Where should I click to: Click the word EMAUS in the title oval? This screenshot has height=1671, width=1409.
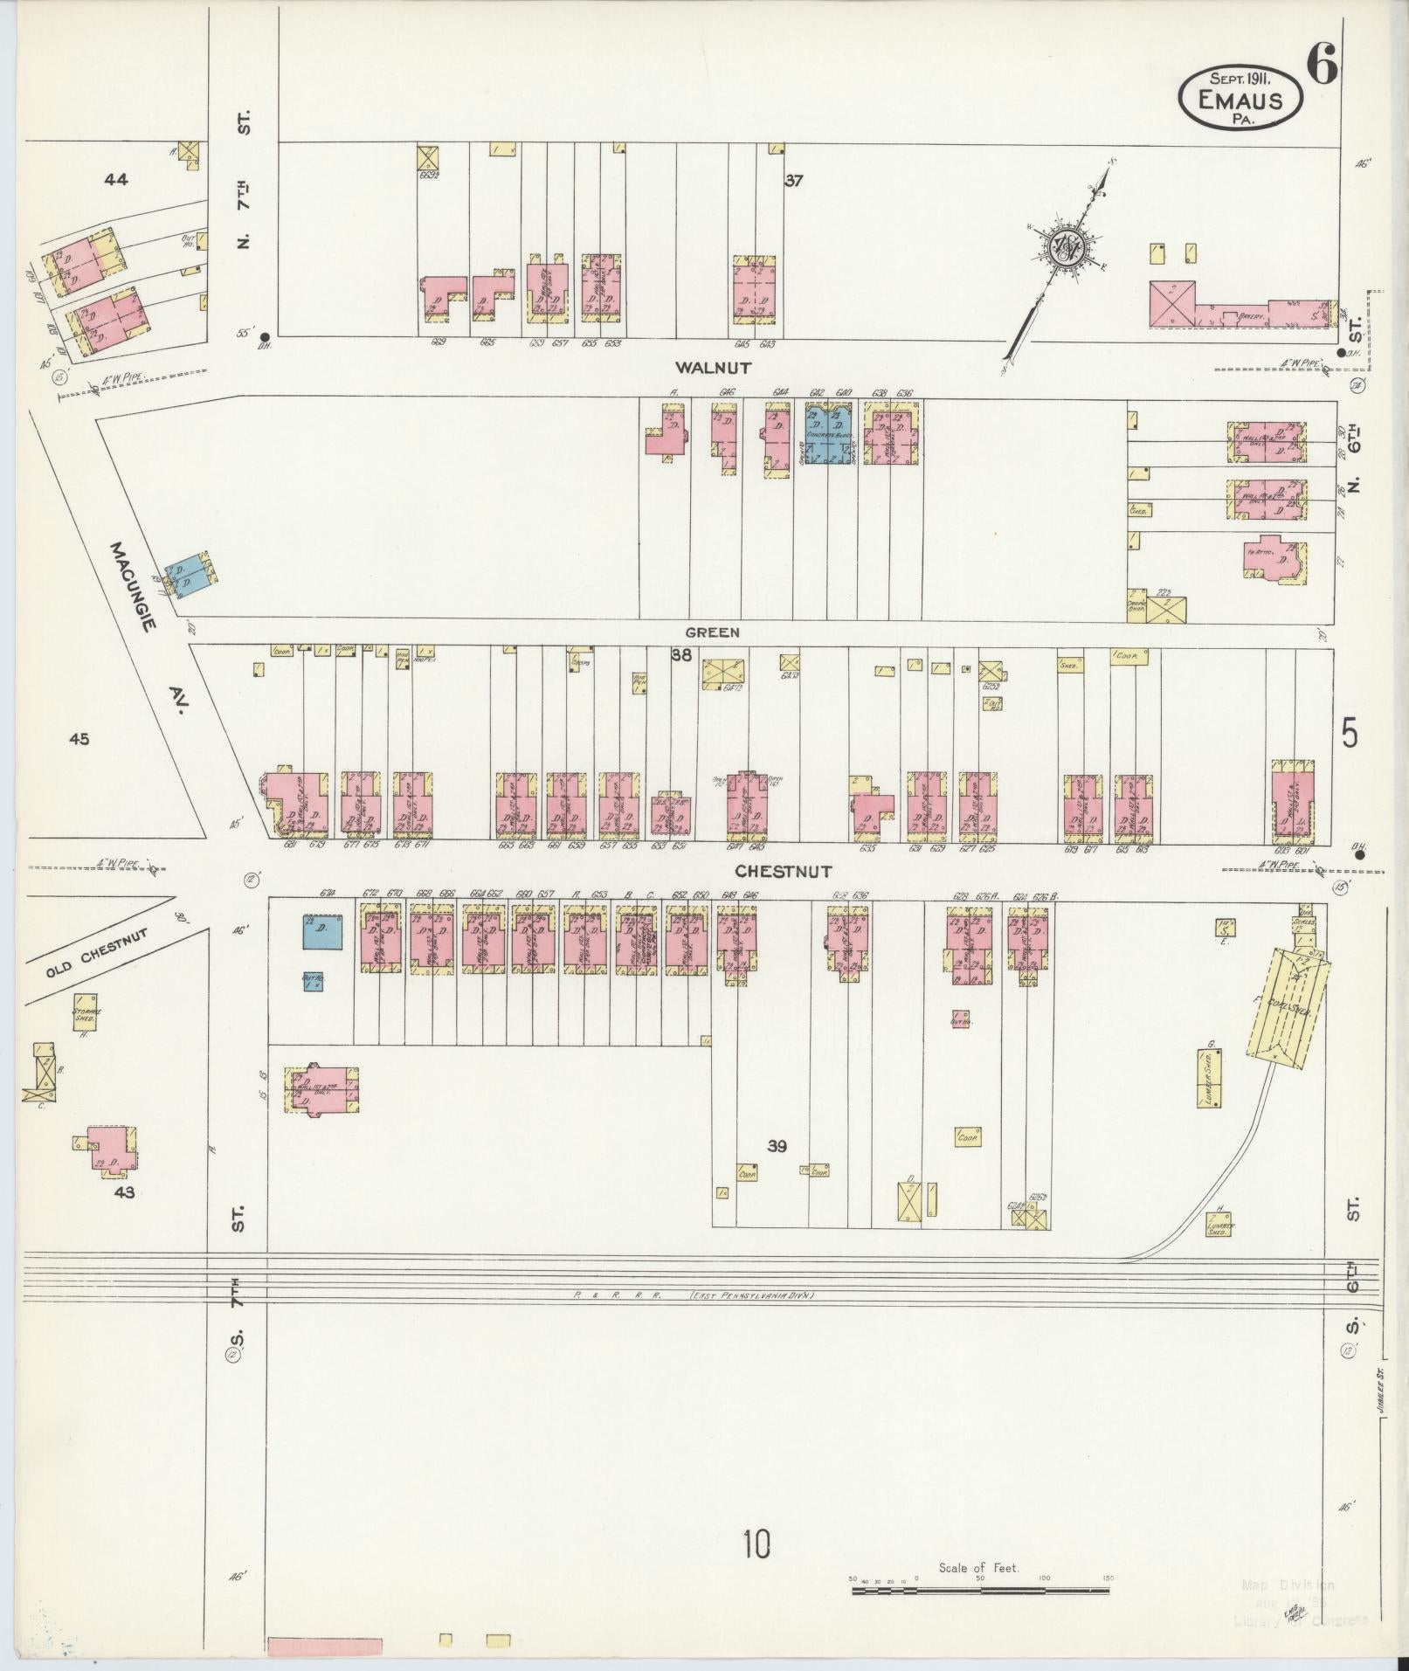pos(1240,100)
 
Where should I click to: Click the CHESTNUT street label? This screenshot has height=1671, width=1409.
pos(783,871)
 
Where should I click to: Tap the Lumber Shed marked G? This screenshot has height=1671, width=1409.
pos(1210,1079)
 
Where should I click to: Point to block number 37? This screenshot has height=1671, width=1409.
pos(793,181)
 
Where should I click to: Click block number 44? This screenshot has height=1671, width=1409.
pos(116,180)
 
